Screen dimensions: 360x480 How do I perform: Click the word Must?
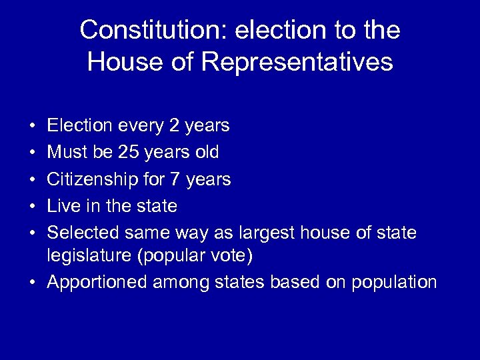pos(69,153)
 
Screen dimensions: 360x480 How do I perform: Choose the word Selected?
pos(81,233)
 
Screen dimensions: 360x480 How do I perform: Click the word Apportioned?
pos(97,283)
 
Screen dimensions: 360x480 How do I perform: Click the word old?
pos(206,153)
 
